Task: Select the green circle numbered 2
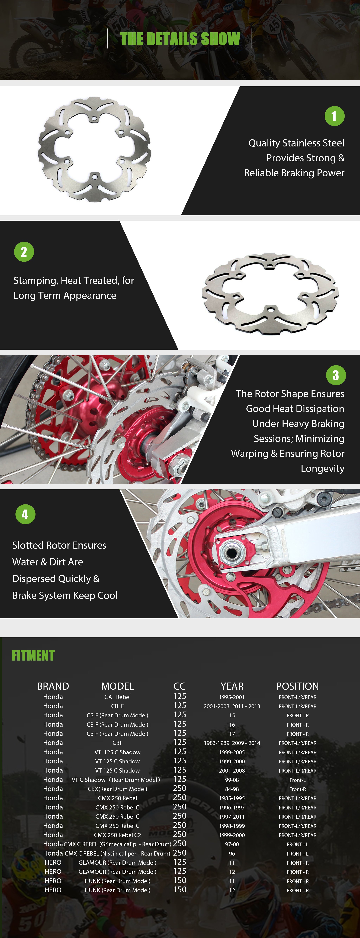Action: pyautogui.click(x=24, y=252)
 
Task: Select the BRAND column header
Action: pyautogui.click(x=53, y=686)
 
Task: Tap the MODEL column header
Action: pyautogui.click(x=118, y=686)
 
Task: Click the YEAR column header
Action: pyautogui.click(x=232, y=686)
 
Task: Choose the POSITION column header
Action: pyautogui.click(x=297, y=686)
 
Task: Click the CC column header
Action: pyautogui.click(x=179, y=686)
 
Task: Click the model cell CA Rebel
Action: pyautogui.click(x=118, y=697)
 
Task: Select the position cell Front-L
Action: pyautogui.click(x=297, y=780)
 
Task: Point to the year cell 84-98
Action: pyautogui.click(x=232, y=789)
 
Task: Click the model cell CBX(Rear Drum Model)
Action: pyautogui.click(x=118, y=789)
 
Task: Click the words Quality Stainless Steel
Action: pyautogui.click(x=296, y=143)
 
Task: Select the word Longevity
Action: pyautogui.click(x=323, y=469)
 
